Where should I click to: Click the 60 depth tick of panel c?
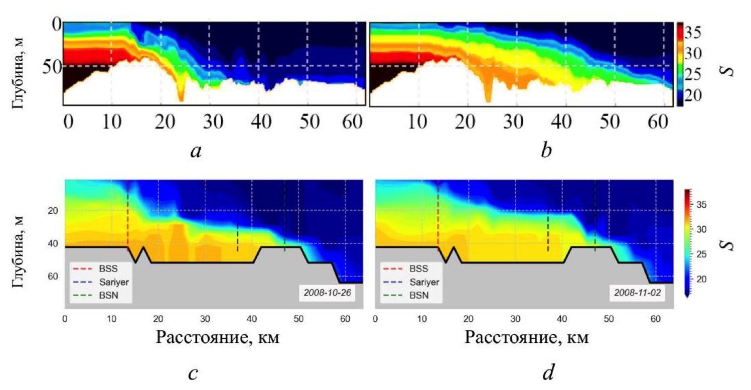pyautogui.click(x=52, y=277)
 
